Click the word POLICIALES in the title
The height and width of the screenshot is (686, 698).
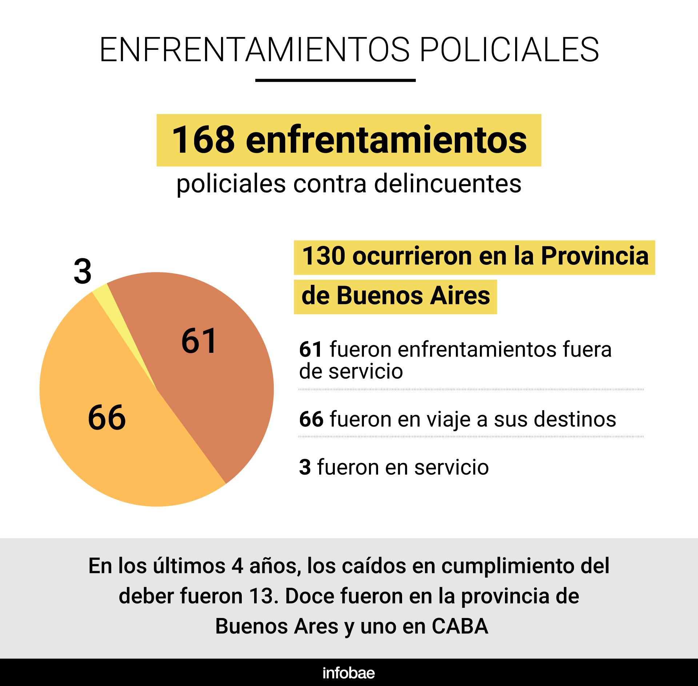pos(509,49)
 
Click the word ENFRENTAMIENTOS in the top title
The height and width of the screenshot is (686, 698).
pos(254,49)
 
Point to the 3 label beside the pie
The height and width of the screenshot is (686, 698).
pos(83,272)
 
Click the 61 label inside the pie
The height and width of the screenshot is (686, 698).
pos(199,341)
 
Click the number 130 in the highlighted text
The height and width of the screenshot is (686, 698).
pos(323,256)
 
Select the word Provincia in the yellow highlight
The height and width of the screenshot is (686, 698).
pos(595,256)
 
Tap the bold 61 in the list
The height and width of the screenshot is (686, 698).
pos(311,350)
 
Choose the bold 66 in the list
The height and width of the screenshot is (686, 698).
pos(311,419)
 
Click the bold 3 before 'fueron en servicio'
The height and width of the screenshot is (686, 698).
pos(305,467)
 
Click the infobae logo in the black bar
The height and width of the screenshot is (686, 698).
pos(349,673)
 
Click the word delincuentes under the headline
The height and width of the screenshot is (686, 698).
pos(448,184)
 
